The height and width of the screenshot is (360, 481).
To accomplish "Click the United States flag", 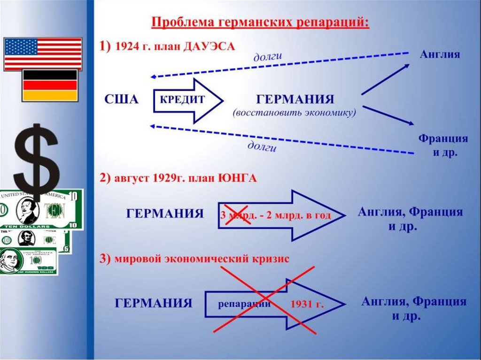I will click(43, 54).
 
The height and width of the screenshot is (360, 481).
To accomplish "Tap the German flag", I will click(50, 85).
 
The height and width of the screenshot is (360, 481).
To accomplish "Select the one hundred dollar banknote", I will click(28, 261).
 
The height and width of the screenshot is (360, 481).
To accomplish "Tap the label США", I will click(122, 100).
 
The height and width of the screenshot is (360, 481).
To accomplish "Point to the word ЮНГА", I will click(237, 179).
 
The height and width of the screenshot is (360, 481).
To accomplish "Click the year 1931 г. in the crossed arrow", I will click(307, 304).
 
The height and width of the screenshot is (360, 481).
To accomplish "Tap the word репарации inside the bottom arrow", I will click(244, 303).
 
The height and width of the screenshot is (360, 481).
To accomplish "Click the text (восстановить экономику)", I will click(295, 113).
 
